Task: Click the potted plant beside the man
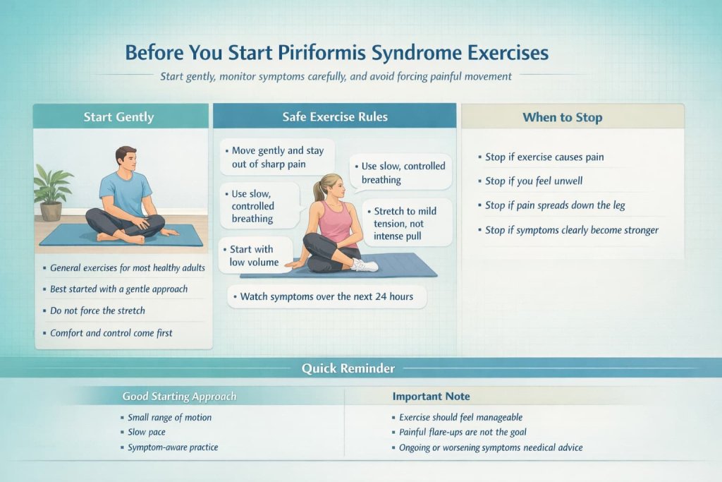(x=52, y=191)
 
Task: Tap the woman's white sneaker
(x=365, y=265)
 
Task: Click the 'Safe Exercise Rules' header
(x=335, y=116)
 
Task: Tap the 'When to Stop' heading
(x=562, y=117)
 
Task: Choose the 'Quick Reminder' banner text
(x=348, y=368)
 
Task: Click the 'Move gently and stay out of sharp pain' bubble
(x=277, y=157)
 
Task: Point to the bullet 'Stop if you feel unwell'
(x=534, y=181)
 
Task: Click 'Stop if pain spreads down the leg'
(x=555, y=205)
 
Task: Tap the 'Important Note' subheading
(x=430, y=397)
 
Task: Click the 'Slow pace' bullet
(x=147, y=432)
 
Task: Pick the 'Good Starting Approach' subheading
(x=179, y=397)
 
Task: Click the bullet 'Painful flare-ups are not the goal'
(x=463, y=432)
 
